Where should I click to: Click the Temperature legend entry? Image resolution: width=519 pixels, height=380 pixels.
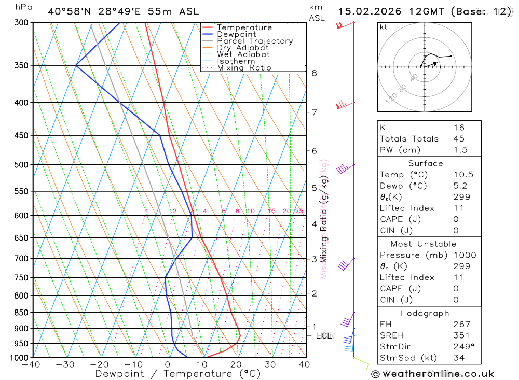[x=244, y=27]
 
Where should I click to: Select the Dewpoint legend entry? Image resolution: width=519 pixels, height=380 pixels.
[x=237, y=34]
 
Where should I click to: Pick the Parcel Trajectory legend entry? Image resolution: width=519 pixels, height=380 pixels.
[x=255, y=41]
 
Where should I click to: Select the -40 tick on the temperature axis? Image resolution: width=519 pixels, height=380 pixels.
[x=32, y=364]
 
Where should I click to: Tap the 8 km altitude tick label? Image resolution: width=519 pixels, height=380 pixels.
[x=315, y=73]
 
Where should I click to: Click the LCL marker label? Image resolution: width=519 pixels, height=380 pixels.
[x=323, y=336]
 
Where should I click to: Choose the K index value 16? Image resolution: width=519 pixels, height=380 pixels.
[x=458, y=128]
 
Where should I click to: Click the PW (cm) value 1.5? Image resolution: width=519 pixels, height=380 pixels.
[x=460, y=150]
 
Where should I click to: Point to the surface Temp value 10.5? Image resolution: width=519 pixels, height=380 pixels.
[x=463, y=175]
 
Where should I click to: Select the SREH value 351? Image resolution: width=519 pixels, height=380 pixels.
[x=461, y=335]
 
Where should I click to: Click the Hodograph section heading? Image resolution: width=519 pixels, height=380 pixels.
[x=425, y=313]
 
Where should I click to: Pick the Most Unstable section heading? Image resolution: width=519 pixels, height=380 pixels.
[x=424, y=244]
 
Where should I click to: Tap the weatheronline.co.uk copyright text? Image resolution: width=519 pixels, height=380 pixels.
[x=432, y=374]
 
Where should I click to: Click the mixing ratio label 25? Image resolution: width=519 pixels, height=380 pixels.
[x=299, y=211]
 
